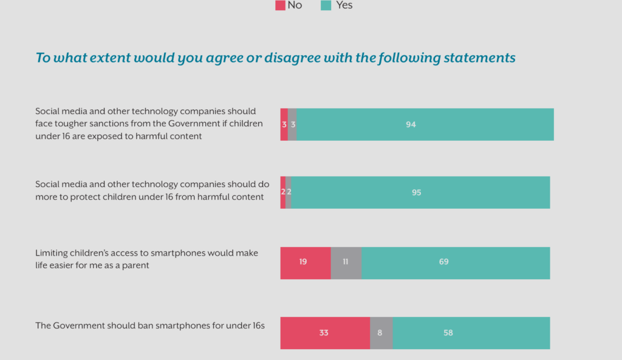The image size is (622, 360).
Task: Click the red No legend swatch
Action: [280, 5]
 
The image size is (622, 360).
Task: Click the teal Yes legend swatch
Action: [326, 5]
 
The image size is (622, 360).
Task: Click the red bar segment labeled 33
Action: [325, 333]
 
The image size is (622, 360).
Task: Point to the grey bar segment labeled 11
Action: [346, 263]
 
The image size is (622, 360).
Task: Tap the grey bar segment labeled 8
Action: [381, 333]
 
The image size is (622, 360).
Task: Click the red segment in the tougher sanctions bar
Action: [284, 124]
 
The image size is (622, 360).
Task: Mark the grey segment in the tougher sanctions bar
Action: [292, 124]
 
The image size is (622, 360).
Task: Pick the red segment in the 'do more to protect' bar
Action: [282, 192]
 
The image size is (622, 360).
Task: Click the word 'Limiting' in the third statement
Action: [50, 253]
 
